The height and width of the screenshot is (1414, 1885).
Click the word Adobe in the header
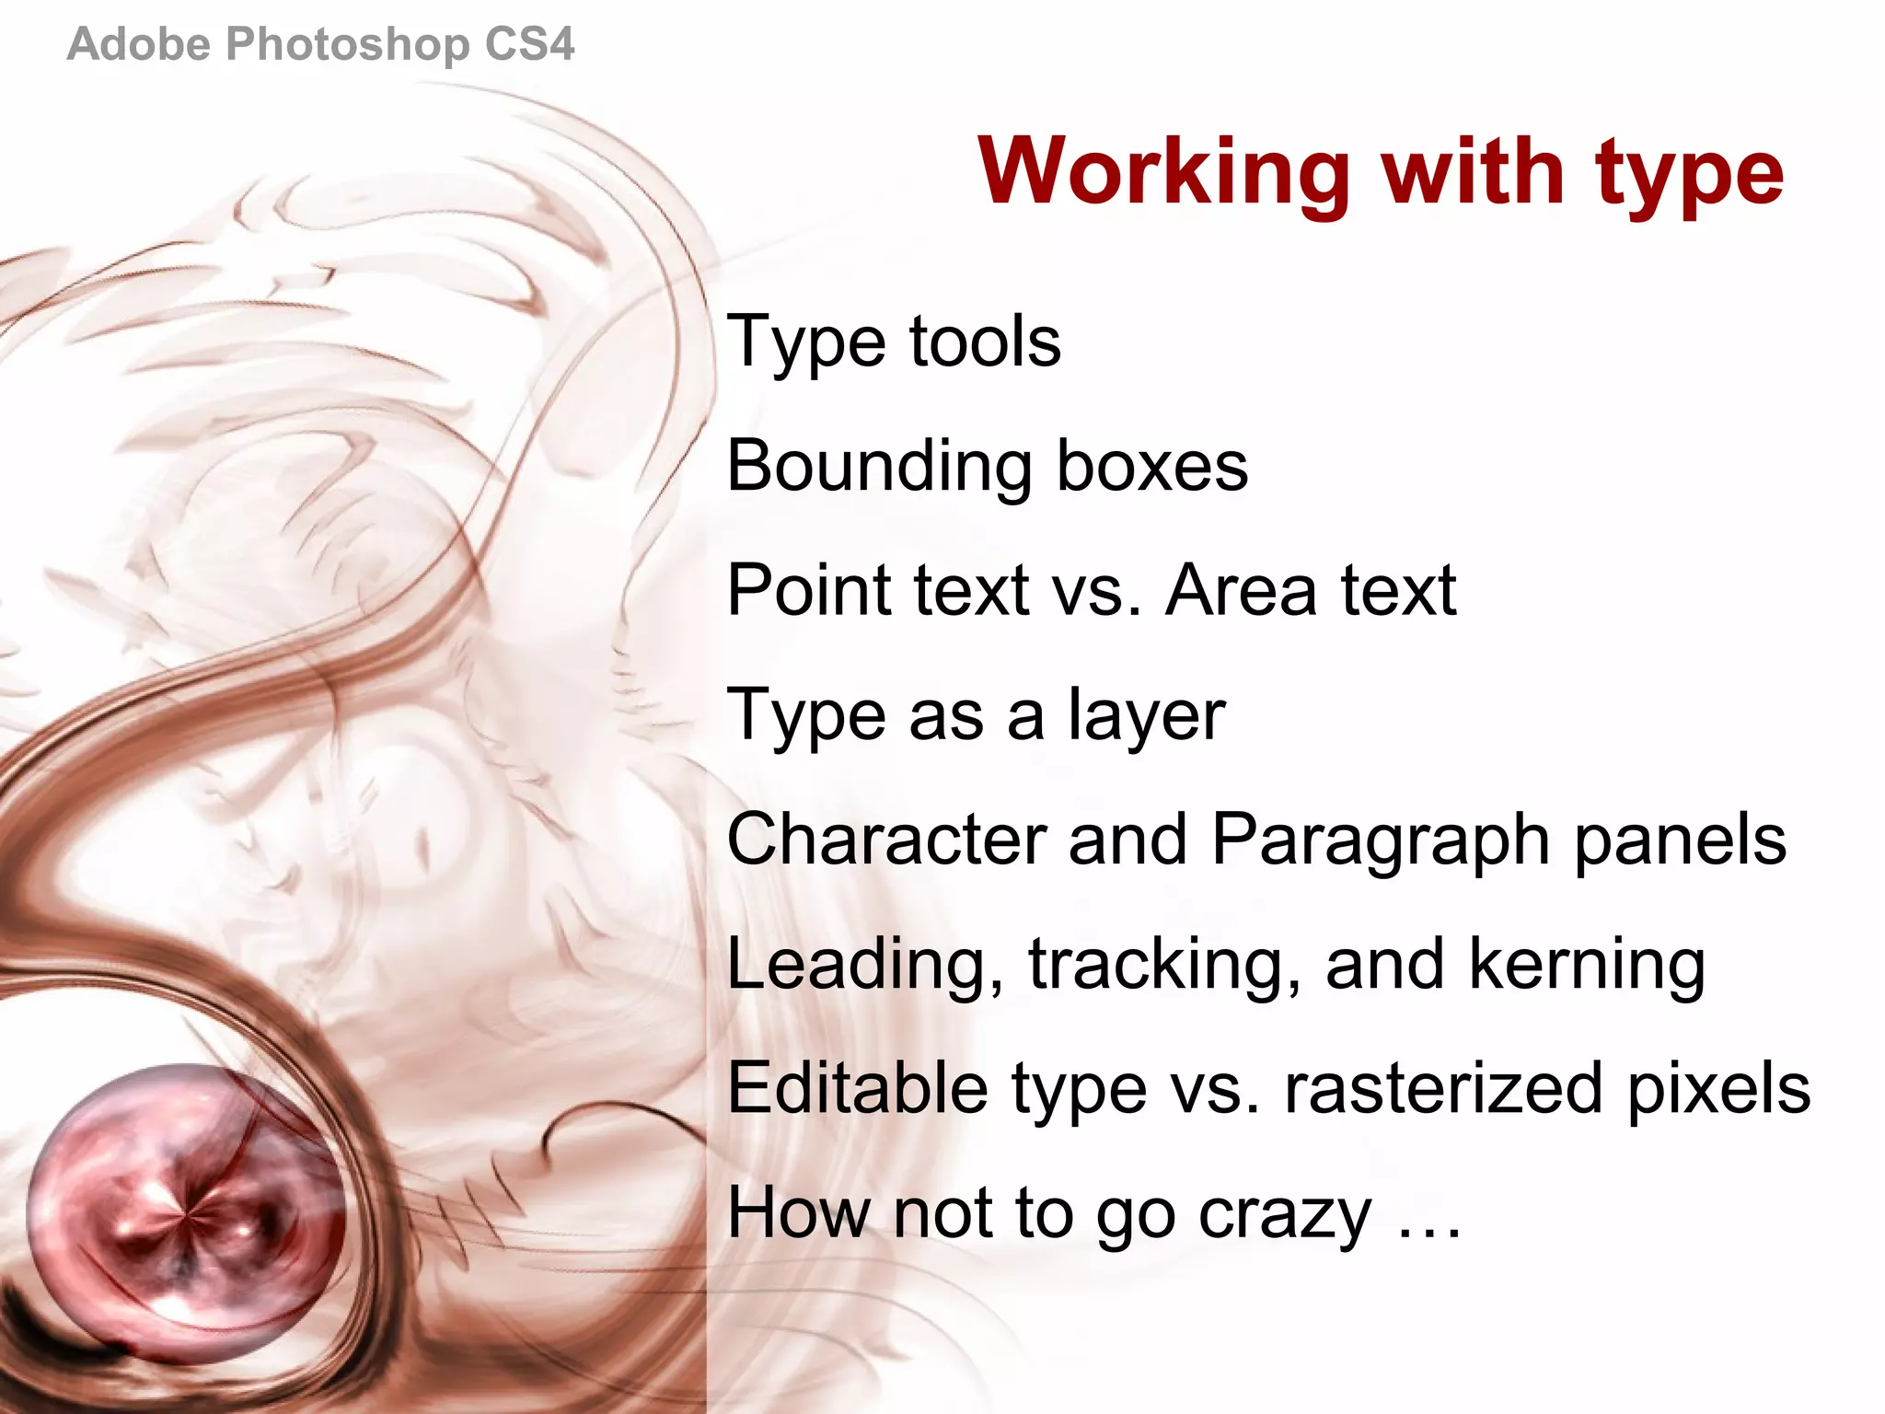pos(138,44)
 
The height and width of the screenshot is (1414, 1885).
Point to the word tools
pos(985,342)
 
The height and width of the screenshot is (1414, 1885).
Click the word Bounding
pos(879,467)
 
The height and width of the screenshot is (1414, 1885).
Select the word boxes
pos(1152,466)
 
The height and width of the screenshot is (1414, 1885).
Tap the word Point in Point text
pos(808,590)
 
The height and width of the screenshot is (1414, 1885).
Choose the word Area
pos(1242,590)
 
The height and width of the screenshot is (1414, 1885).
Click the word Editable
pos(858,1088)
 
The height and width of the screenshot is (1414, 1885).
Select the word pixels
pos(1718,1090)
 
